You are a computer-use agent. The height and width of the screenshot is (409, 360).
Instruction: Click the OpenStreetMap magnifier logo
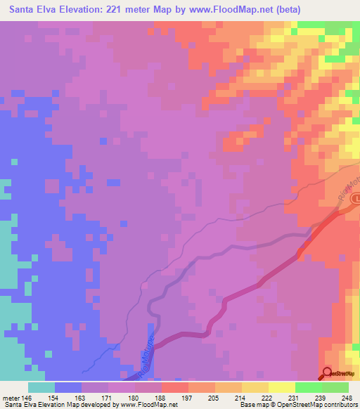tap(328, 372)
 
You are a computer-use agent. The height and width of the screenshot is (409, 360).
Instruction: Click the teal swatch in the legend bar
tap(41, 387)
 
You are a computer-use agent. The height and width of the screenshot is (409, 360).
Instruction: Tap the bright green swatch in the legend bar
tap(308, 387)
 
